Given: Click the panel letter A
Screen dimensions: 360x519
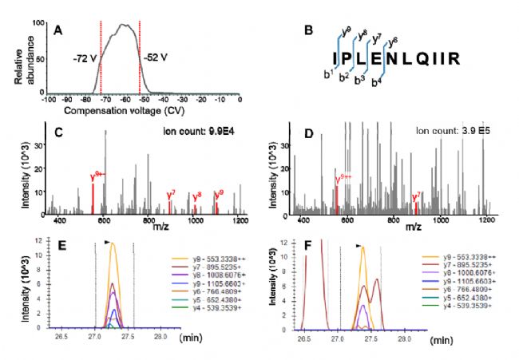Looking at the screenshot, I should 58,29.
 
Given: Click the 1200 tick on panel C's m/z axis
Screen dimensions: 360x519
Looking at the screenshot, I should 239,219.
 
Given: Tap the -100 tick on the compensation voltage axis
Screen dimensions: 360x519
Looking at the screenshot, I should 47,99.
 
